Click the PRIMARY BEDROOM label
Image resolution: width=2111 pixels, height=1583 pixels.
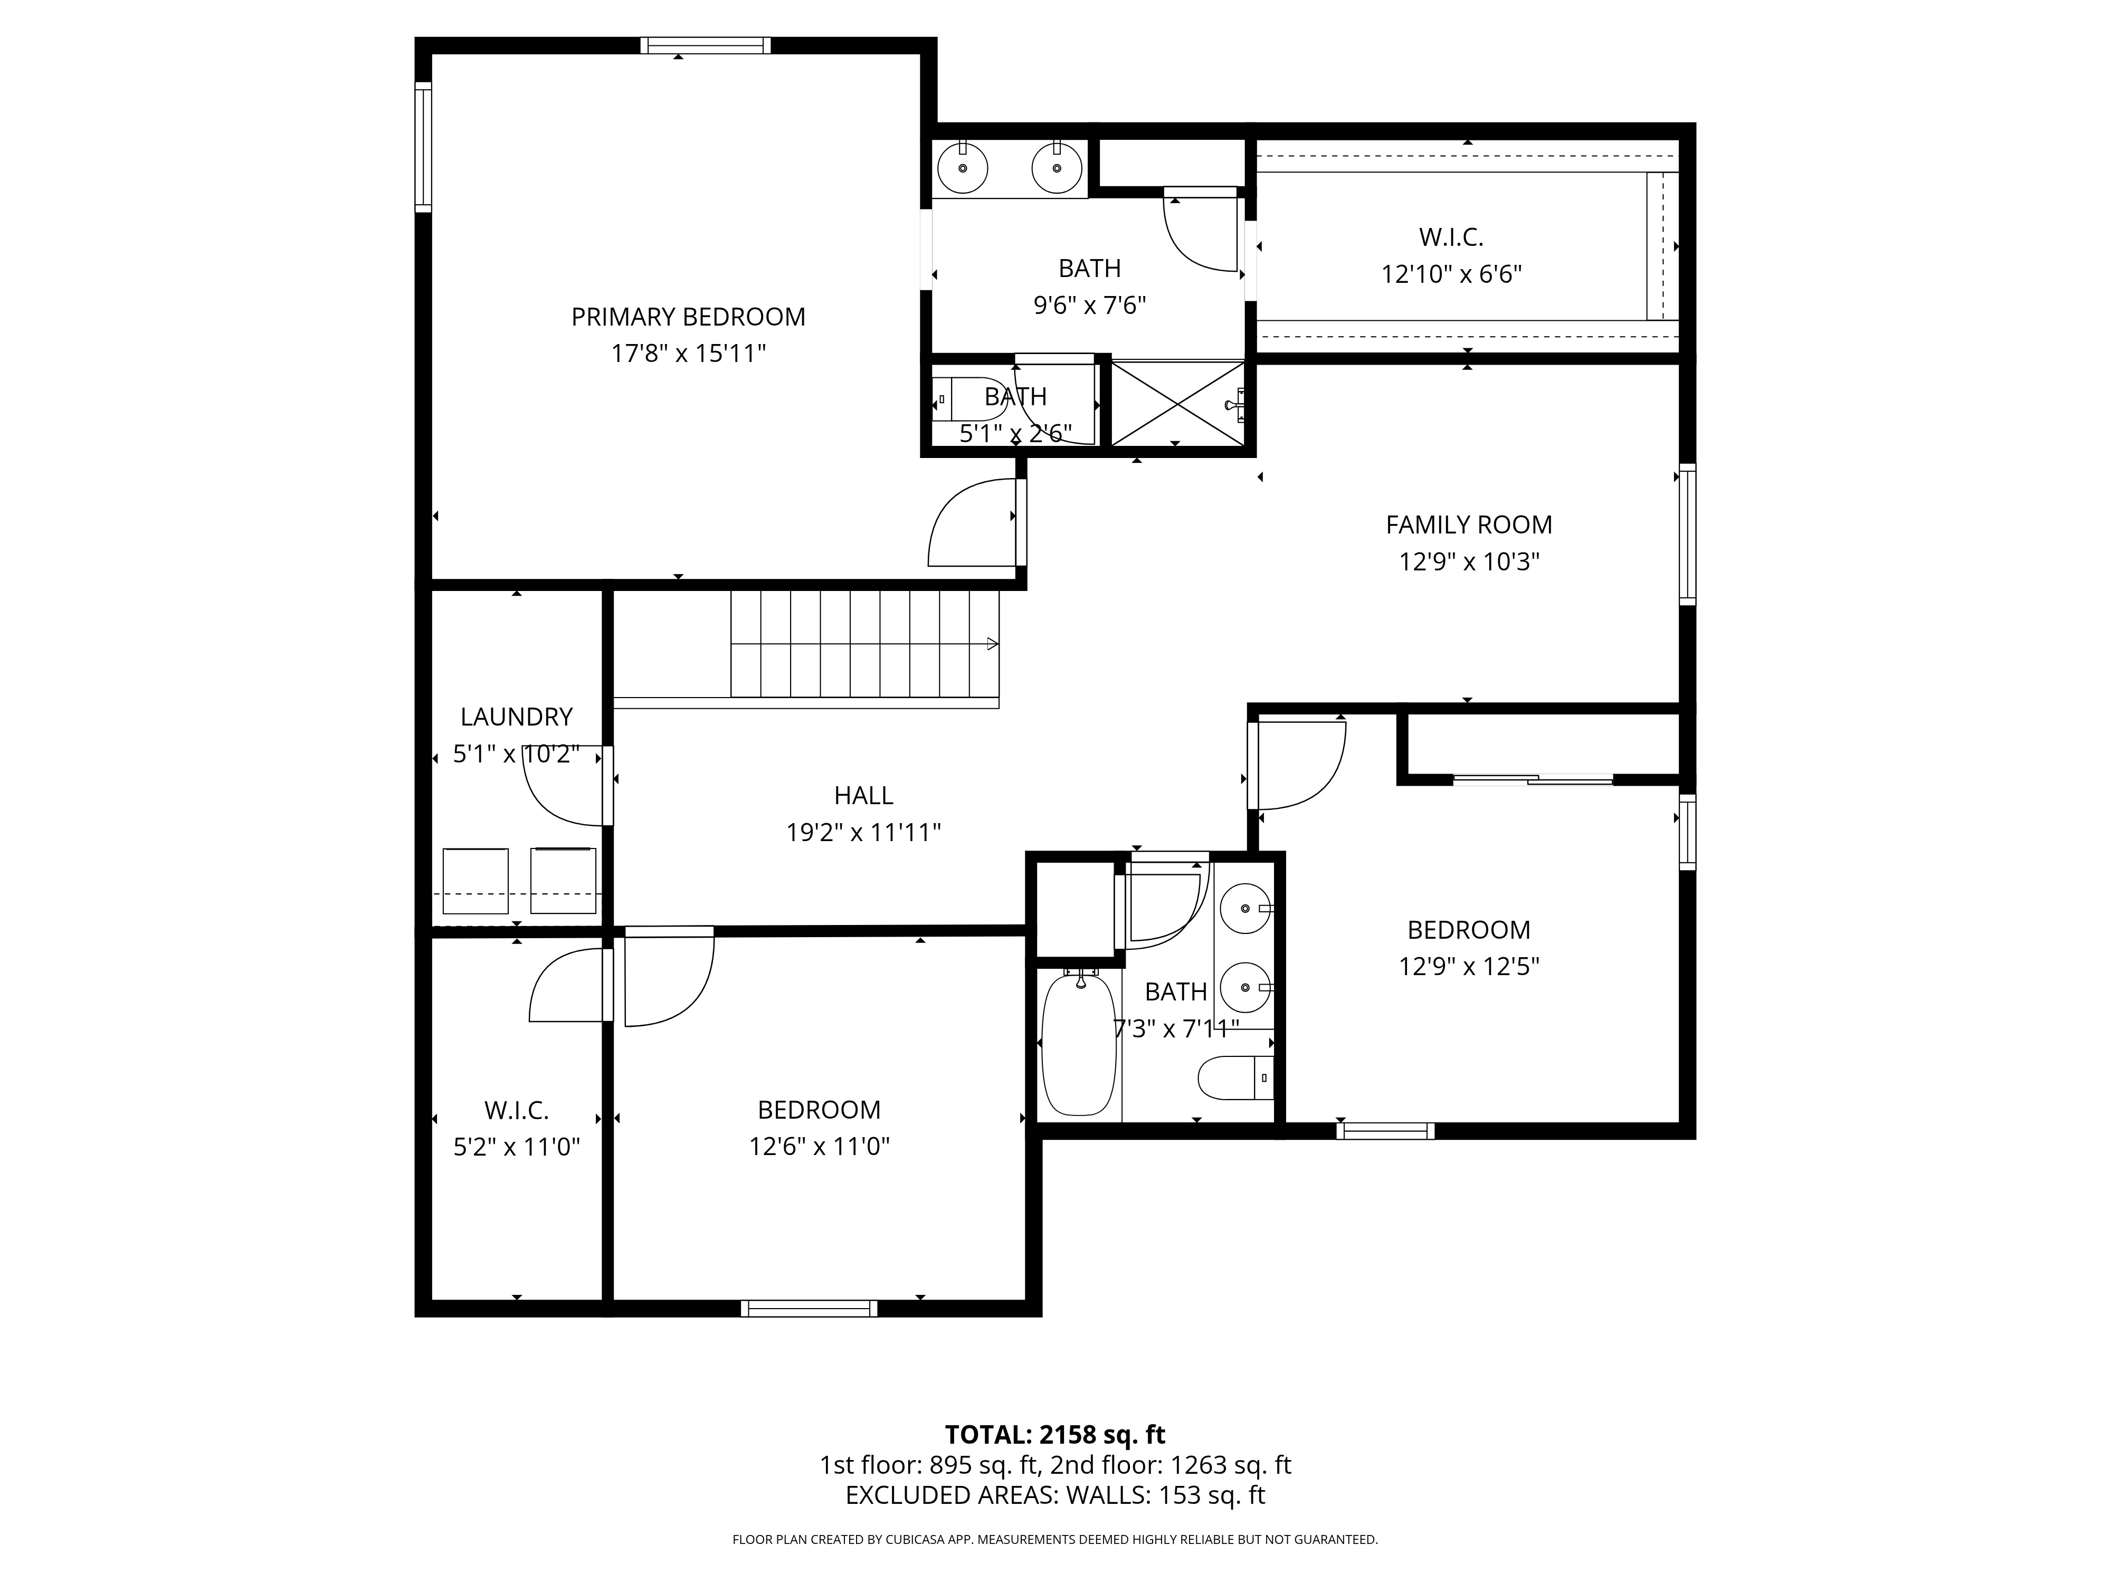coord(688,317)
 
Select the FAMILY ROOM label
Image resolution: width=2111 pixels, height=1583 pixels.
coord(1469,525)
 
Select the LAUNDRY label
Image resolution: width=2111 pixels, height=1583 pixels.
coord(516,717)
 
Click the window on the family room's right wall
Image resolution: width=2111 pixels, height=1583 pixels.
coord(1687,535)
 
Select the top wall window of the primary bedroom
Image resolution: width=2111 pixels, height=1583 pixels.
coord(705,45)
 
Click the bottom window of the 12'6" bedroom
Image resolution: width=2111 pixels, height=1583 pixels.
coord(809,1308)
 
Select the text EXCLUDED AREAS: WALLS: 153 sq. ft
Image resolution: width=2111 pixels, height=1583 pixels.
coord(1054,1495)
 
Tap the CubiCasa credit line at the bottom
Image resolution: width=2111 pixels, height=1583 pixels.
coord(1054,1539)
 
